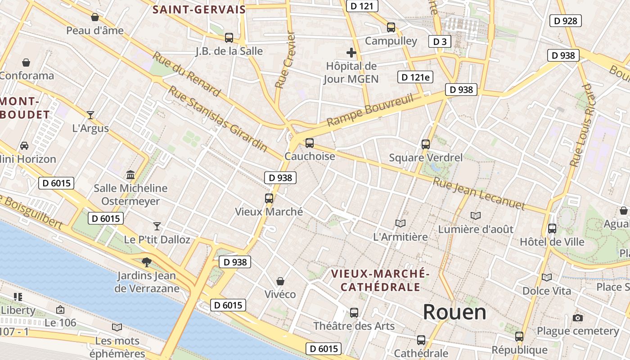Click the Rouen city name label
454,312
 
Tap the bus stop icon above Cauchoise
309,143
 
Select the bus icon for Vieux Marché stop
269,198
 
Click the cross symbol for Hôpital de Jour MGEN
351,53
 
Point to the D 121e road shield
415,77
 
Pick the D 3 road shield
440,41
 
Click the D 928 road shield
566,20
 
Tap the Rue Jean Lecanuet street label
479,194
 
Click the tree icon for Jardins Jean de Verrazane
146,262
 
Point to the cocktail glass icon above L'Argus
90,115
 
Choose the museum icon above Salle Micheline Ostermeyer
130,175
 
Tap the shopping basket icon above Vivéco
280,281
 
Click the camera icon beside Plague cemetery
578,318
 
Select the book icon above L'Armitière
400,223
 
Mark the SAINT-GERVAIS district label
199,9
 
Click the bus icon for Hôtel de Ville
552,229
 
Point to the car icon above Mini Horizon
24,146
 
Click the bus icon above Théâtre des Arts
354,312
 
